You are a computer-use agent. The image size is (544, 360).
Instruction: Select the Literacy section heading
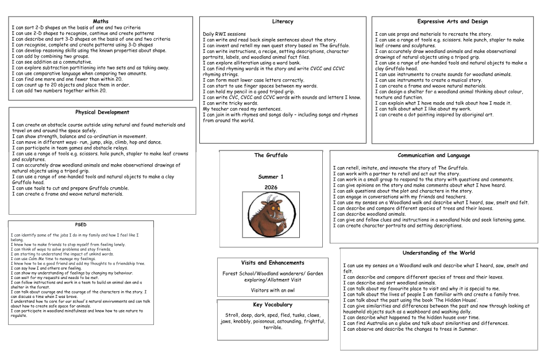(x=282, y=22)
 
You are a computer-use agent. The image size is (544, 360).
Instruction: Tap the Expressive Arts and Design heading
(x=453, y=22)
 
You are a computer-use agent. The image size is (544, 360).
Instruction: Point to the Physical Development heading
(x=102, y=113)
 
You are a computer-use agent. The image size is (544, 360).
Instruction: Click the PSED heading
(x=81, y=224)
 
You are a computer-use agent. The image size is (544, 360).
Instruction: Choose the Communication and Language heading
(x=434, y=156)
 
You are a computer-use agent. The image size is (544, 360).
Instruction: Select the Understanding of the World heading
(x=438, y=253)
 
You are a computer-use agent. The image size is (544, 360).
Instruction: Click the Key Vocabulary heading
(x=273, y=305)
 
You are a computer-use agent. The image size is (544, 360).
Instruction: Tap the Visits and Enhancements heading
(x=273, y=263)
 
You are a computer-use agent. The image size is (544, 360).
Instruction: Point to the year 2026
(x=271, y=187)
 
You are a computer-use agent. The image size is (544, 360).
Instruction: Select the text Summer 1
(x=271, y=177)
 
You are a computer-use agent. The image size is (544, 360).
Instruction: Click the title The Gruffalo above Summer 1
(x=271, y=156)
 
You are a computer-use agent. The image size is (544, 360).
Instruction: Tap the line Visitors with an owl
(x=273, y=290)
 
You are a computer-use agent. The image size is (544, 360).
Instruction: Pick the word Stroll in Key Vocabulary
(x=233, y=315)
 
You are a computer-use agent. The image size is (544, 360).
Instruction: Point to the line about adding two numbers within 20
(x=59, y=91)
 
